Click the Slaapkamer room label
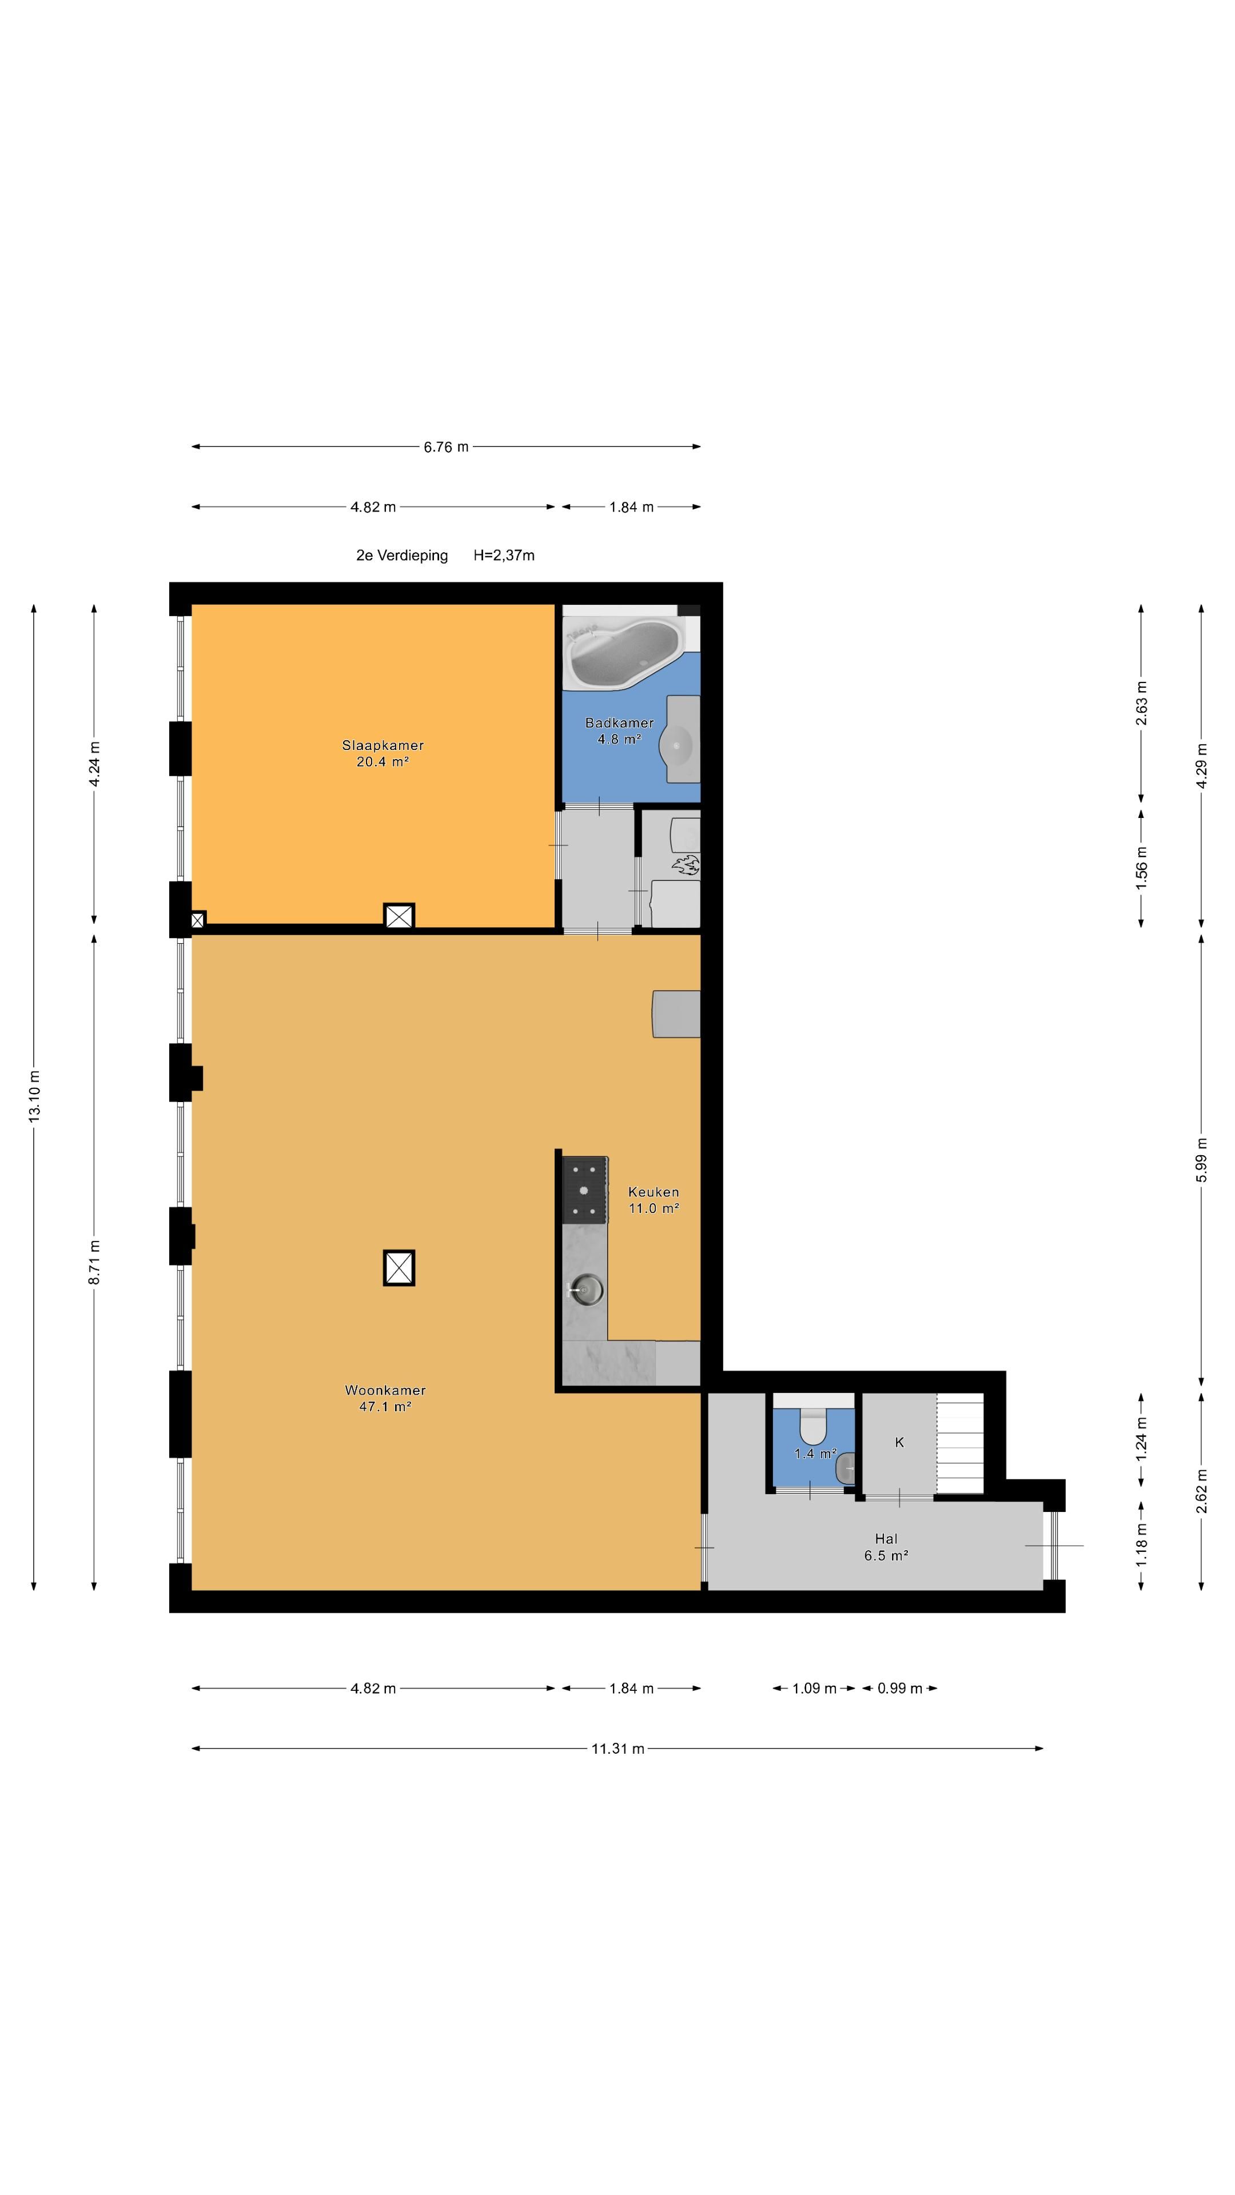coord(383,753)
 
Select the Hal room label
coord(886,1547)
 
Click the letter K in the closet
coord(899,1442)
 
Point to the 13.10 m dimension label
coord(35,1096)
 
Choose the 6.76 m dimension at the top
coord(446,446)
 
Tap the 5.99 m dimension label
coord(1201,1160)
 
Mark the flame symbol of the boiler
coord(686,867)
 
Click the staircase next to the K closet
coord(960,1443)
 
